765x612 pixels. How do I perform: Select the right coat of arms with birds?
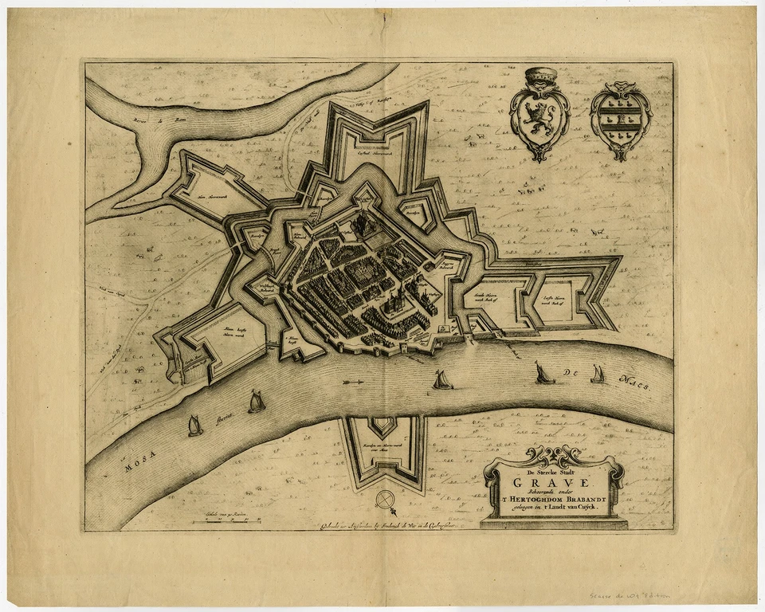(x=620, y=120)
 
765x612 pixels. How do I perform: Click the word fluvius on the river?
(x=222, y=417)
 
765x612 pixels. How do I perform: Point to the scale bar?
(x=227, y=520)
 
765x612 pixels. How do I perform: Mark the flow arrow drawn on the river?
(x=351, y=384)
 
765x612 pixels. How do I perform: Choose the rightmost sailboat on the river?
(x=597, y=373)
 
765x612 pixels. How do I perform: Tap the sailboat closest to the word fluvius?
(x=256, y=402)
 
